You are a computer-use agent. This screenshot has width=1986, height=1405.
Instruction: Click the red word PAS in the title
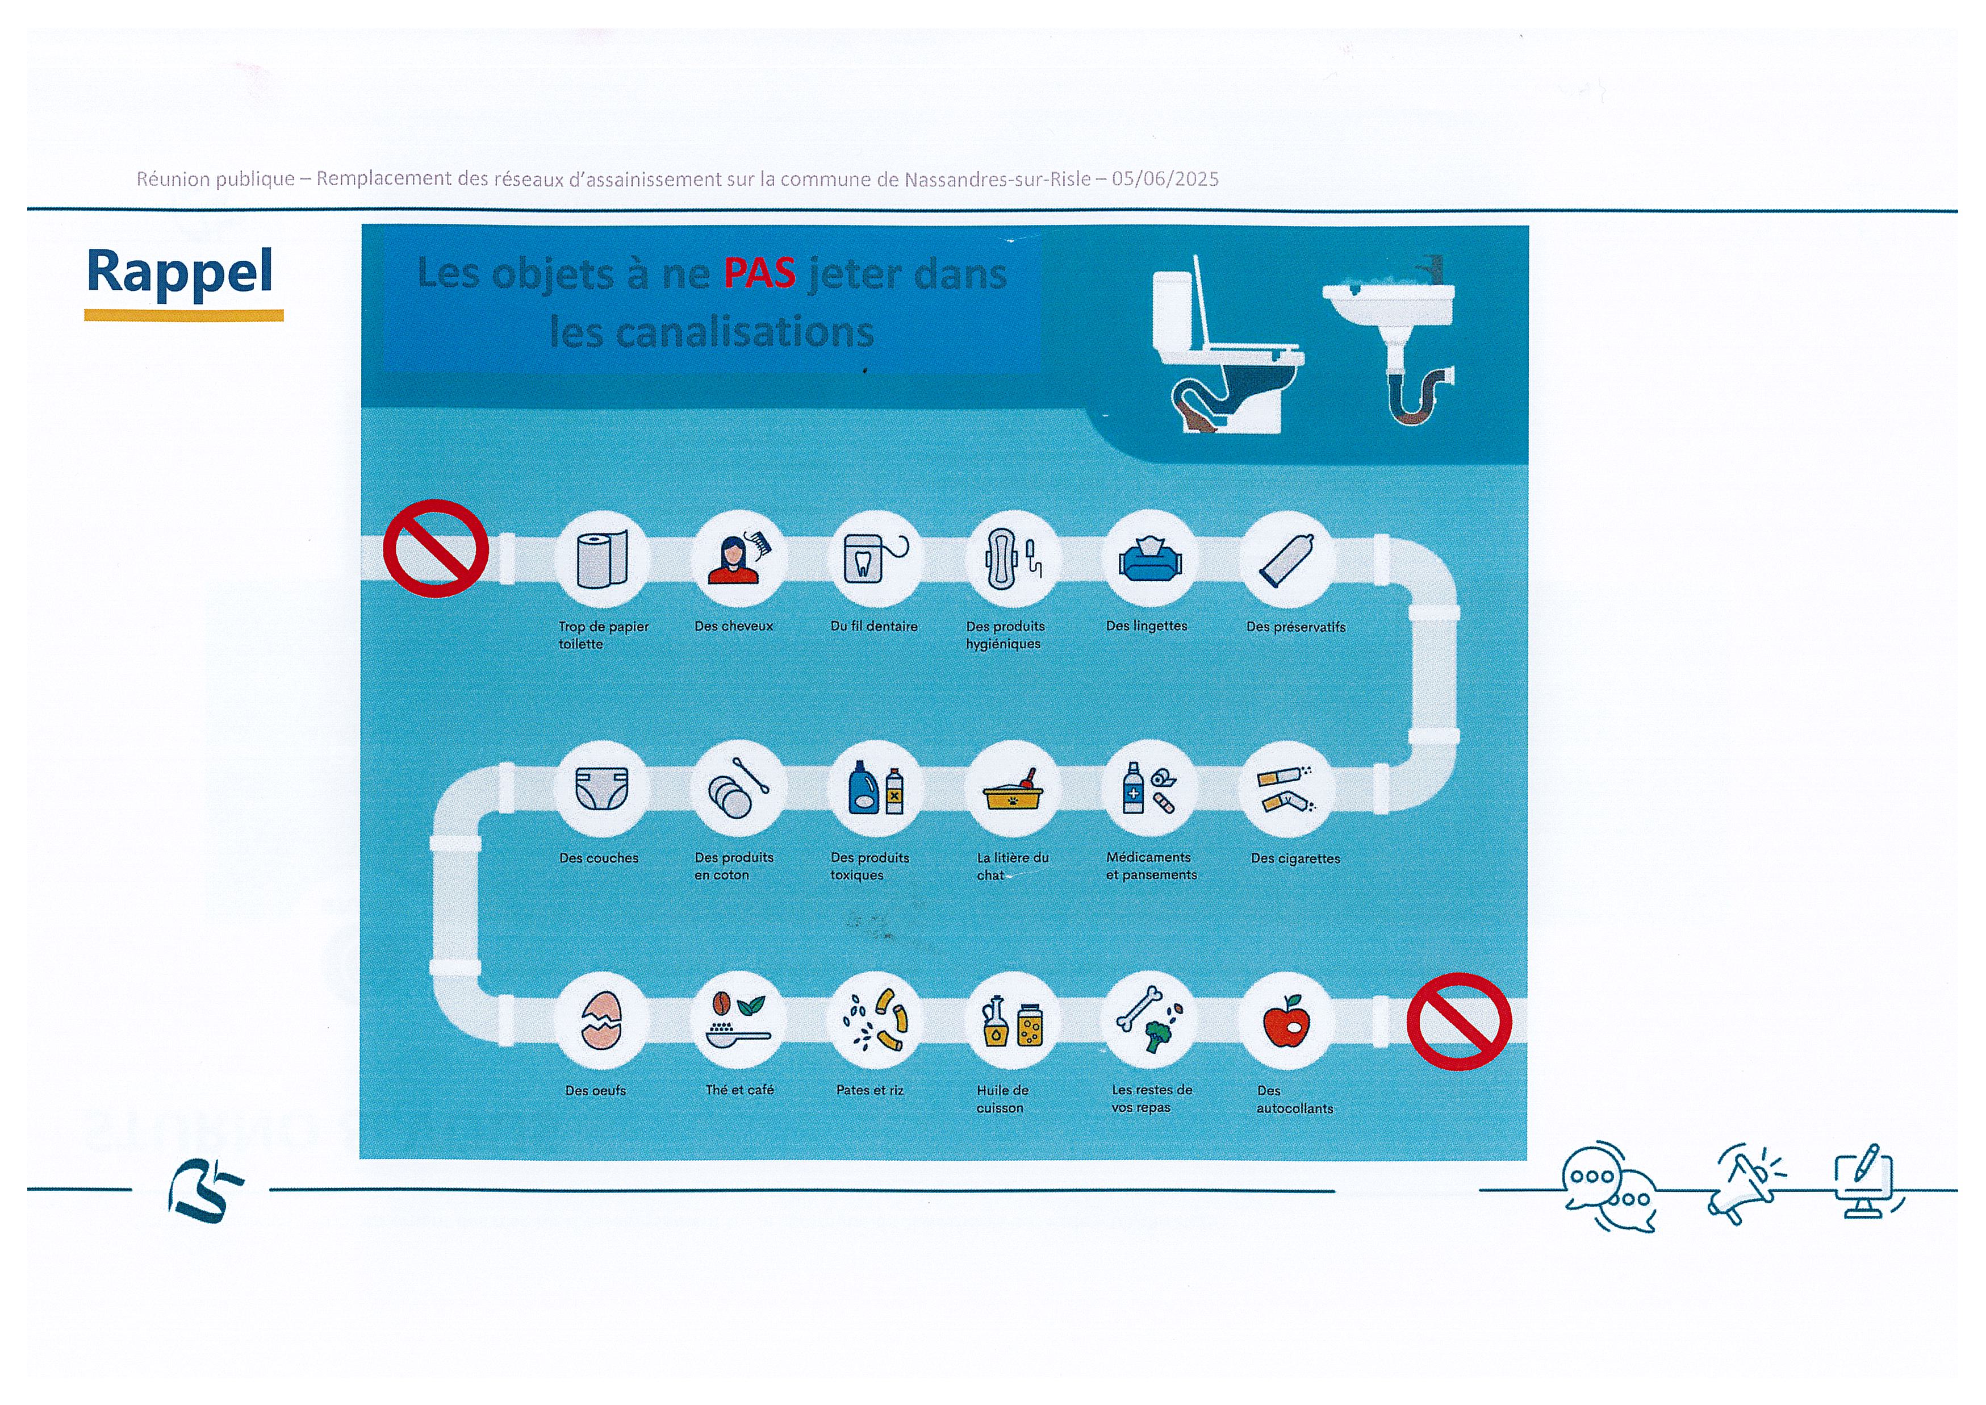coord(759,273)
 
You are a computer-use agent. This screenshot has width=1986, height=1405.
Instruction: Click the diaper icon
coord(601,788)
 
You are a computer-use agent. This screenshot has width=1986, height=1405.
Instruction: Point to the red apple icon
coord(1286,1021)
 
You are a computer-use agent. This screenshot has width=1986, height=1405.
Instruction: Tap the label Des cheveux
coord(734,626)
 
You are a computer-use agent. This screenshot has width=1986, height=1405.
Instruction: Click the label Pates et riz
coord(869,1090)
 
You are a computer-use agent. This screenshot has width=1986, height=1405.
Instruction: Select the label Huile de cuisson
coord(1002,1099)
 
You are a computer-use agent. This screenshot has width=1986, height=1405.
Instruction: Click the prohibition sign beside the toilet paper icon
coord(436,548)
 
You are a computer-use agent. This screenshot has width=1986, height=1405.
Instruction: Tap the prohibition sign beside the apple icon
coord(1459,1022)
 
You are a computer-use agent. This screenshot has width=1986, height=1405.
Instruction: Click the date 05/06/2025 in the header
coord(1165,179)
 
